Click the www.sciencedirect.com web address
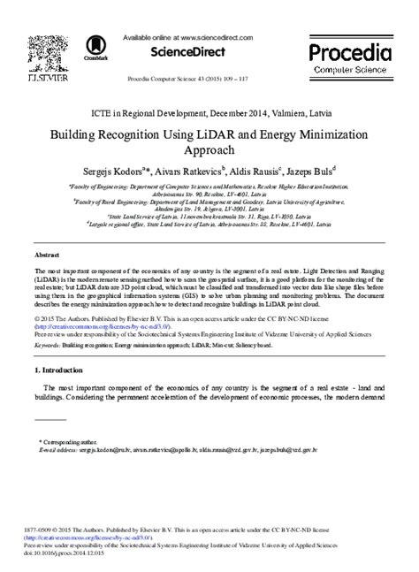click(217, 38)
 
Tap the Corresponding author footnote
click(69, 439)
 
